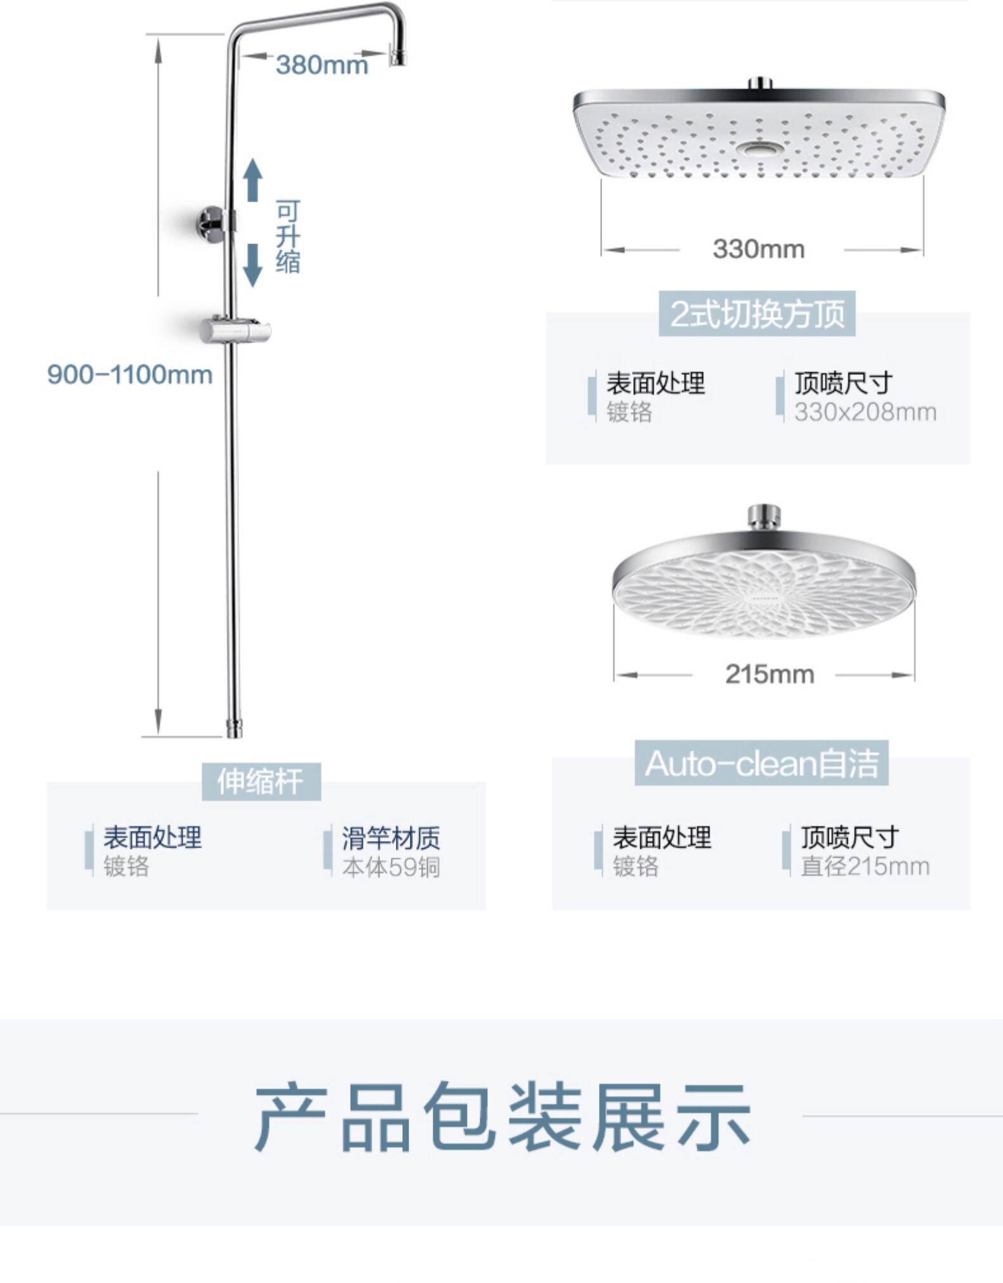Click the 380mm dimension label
pos(322,65)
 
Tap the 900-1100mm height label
pos(130,374)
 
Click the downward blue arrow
pos(253,264)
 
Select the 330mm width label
pos(758,249)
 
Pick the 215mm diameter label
pos(769,674)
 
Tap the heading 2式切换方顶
pos(757,313)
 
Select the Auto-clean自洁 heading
pos(761,763)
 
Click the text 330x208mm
pos(865,412)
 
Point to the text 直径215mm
pos(865,866)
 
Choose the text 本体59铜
pos(391,866)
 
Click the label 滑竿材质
pos(391,838)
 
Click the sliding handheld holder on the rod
pos(235,330)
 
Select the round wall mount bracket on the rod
pos(212,222)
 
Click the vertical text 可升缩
pos(287,237)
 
